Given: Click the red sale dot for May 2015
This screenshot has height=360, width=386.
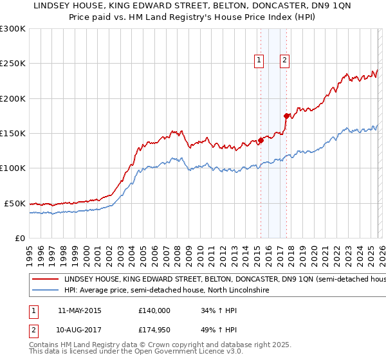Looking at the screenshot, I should click(261, 140).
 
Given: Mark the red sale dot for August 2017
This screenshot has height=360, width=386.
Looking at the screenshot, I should click(286, 116).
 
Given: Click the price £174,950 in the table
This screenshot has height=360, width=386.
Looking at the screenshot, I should click(154, 330).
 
